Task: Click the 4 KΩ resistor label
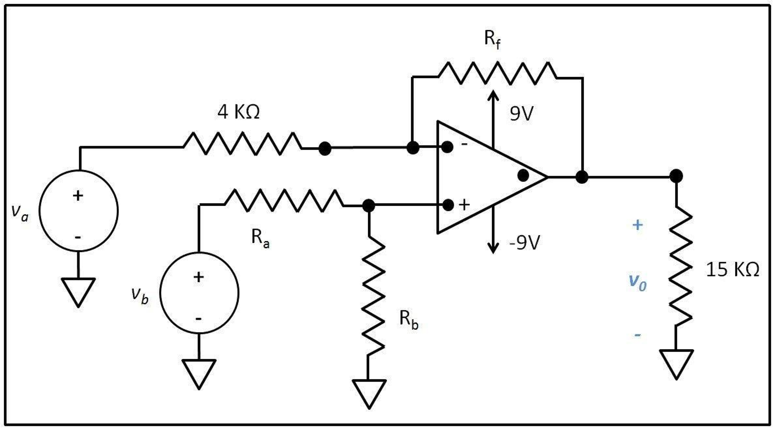click(x=238, y=112)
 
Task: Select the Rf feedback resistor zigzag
click(x=497, y=73)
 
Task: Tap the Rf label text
click(x=492, y=39)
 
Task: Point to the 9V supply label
click(x=521, y=113)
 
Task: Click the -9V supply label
click(x=524, y=242)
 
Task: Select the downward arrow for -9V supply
click(x=493, y=231)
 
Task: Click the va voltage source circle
click(x=78, y=211)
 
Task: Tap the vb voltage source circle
click(x=199, y=293)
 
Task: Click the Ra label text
click(x=260, y=238)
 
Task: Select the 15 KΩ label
click(x=732, y=270)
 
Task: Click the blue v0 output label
click(x=637, y=282)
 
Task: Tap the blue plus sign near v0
click(x=637, y=225)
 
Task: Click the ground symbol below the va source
click(x=78, y=290)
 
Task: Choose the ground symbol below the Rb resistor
click(x=369, y=392)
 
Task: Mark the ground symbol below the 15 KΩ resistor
click(x=676, y=362)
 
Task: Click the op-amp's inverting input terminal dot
click(x=447, y=147)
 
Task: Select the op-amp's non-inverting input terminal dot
click(x=448, y=205)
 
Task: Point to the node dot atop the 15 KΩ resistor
click(x=676, y=176)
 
